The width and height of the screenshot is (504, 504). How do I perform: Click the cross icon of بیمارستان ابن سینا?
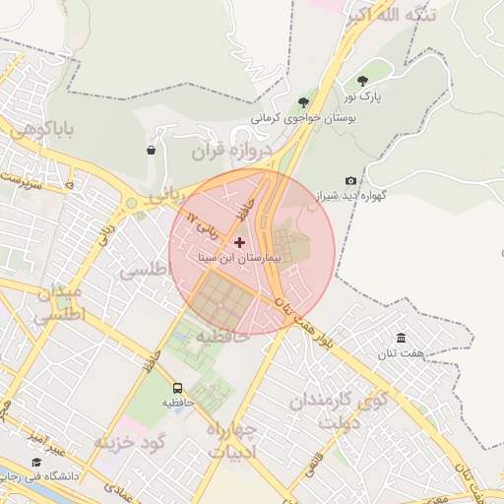239,241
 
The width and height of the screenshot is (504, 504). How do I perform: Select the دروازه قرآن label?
237,153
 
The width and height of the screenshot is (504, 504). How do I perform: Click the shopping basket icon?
151,151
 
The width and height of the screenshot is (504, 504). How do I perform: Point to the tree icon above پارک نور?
362,81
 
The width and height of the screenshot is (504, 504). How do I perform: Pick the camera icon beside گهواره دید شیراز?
351,180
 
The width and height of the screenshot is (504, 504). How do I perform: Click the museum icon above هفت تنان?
401,338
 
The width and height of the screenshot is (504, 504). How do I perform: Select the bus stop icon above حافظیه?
178,388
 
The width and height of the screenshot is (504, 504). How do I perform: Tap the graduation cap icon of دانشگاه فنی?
36,462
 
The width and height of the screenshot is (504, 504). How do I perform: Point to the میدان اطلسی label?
59,304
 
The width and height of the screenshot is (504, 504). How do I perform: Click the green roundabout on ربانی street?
130,204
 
